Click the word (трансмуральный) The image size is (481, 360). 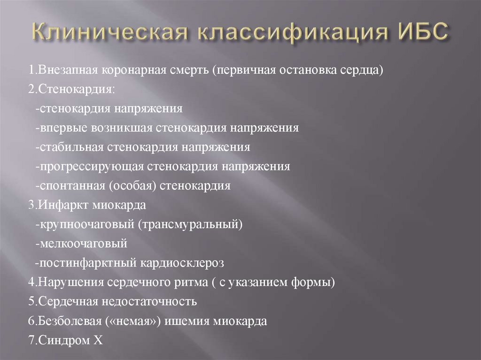(x=190, y=224)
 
